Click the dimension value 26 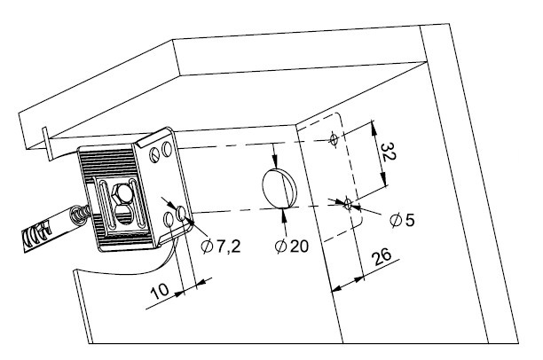[x=381, y=260]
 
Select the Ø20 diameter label [x=292, y=246]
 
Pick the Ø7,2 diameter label [x=218, y=246]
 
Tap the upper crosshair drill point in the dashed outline [x=333, y=139]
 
